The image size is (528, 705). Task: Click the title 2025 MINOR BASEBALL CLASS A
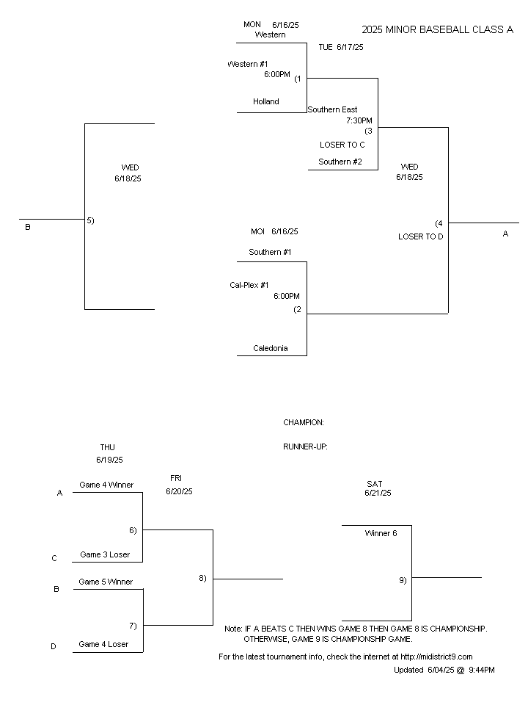(437, 30)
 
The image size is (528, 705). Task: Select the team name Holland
(265, 102)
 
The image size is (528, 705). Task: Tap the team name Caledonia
(270, 348)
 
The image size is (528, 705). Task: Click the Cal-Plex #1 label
(249, 285)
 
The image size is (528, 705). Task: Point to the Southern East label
(332, 110)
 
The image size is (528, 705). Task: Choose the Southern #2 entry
(340, 162)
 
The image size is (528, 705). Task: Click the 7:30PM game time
(359, 120)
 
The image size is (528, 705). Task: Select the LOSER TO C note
(342, 145)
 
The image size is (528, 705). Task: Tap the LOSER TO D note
(420, 236)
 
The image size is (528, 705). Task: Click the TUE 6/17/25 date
(340, 47)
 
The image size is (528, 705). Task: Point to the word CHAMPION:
(304, 423)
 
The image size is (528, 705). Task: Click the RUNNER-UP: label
(305, 446)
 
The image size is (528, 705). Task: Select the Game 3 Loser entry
(105, 555)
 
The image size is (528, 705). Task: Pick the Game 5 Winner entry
(106, 582)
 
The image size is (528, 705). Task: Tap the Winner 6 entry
(381, 534)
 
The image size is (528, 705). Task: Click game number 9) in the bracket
(403, 580)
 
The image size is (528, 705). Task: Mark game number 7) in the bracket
(133, 626)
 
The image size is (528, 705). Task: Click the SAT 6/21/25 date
(377, 488)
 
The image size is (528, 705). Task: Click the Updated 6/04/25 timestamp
(444, 670)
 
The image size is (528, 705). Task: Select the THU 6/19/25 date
(109, 454)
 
